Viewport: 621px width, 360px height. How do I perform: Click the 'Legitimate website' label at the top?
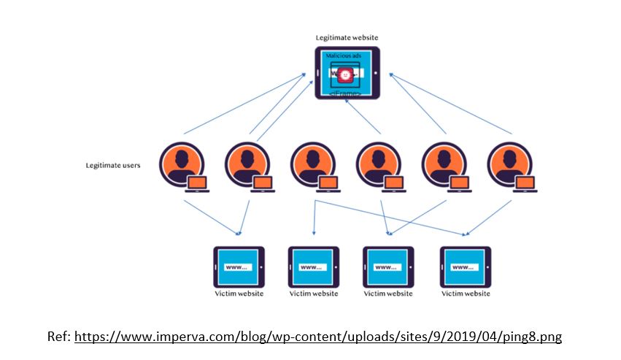click(x=347, y=37)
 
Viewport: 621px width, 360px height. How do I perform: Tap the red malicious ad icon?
click(x=346, y=74)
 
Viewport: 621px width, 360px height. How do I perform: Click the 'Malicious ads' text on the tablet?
click(x=342, y=55)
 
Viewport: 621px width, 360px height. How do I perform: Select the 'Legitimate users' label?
click(x=113, y=165)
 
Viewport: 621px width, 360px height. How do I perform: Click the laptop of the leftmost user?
click(x=198, y=184)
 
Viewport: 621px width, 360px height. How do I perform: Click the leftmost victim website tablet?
click(x=239, y=267)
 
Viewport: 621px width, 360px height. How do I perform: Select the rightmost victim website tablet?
click(x=466, y=267)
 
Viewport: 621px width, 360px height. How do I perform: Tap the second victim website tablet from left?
click(x=314, y=267)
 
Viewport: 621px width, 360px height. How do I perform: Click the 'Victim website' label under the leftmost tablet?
click(x=239, y=294)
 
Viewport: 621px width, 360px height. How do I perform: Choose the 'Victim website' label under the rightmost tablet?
click(x=466, y=294)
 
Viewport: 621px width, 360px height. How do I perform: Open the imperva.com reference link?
click(x=318, y=337)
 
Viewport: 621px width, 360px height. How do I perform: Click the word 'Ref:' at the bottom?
click(x=58, y=337)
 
